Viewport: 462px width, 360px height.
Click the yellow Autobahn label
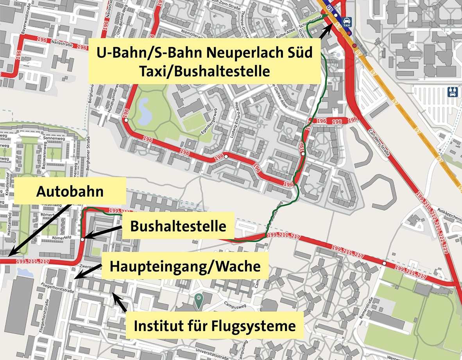pos(70,192)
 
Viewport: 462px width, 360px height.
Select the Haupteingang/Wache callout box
pos(185,266)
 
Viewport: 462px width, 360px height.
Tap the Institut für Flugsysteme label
pos(215,325)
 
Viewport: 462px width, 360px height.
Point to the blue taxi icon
pos(346,22)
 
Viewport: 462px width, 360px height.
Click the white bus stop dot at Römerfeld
pos(82,239)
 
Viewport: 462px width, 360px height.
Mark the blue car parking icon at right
pos(452,92)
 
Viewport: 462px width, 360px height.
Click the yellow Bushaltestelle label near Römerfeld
pos(178,226)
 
